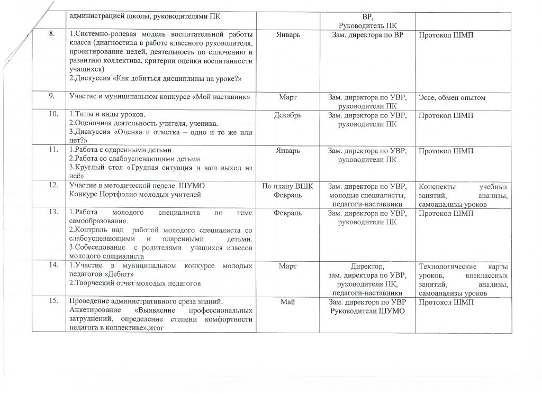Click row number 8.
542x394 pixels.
pos(52,35)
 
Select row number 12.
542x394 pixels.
pos(52,186)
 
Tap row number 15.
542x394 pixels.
pos(52,302)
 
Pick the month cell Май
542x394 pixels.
pos(287,302)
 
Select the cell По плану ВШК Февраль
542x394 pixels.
pos(287,191)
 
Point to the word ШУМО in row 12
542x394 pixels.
pos(190,186)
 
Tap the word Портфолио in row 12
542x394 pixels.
pos(122,195)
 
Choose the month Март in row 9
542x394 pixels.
pos(287,97)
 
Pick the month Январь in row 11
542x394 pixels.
pos(287,151)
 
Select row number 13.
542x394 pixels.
pos(52,213)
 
